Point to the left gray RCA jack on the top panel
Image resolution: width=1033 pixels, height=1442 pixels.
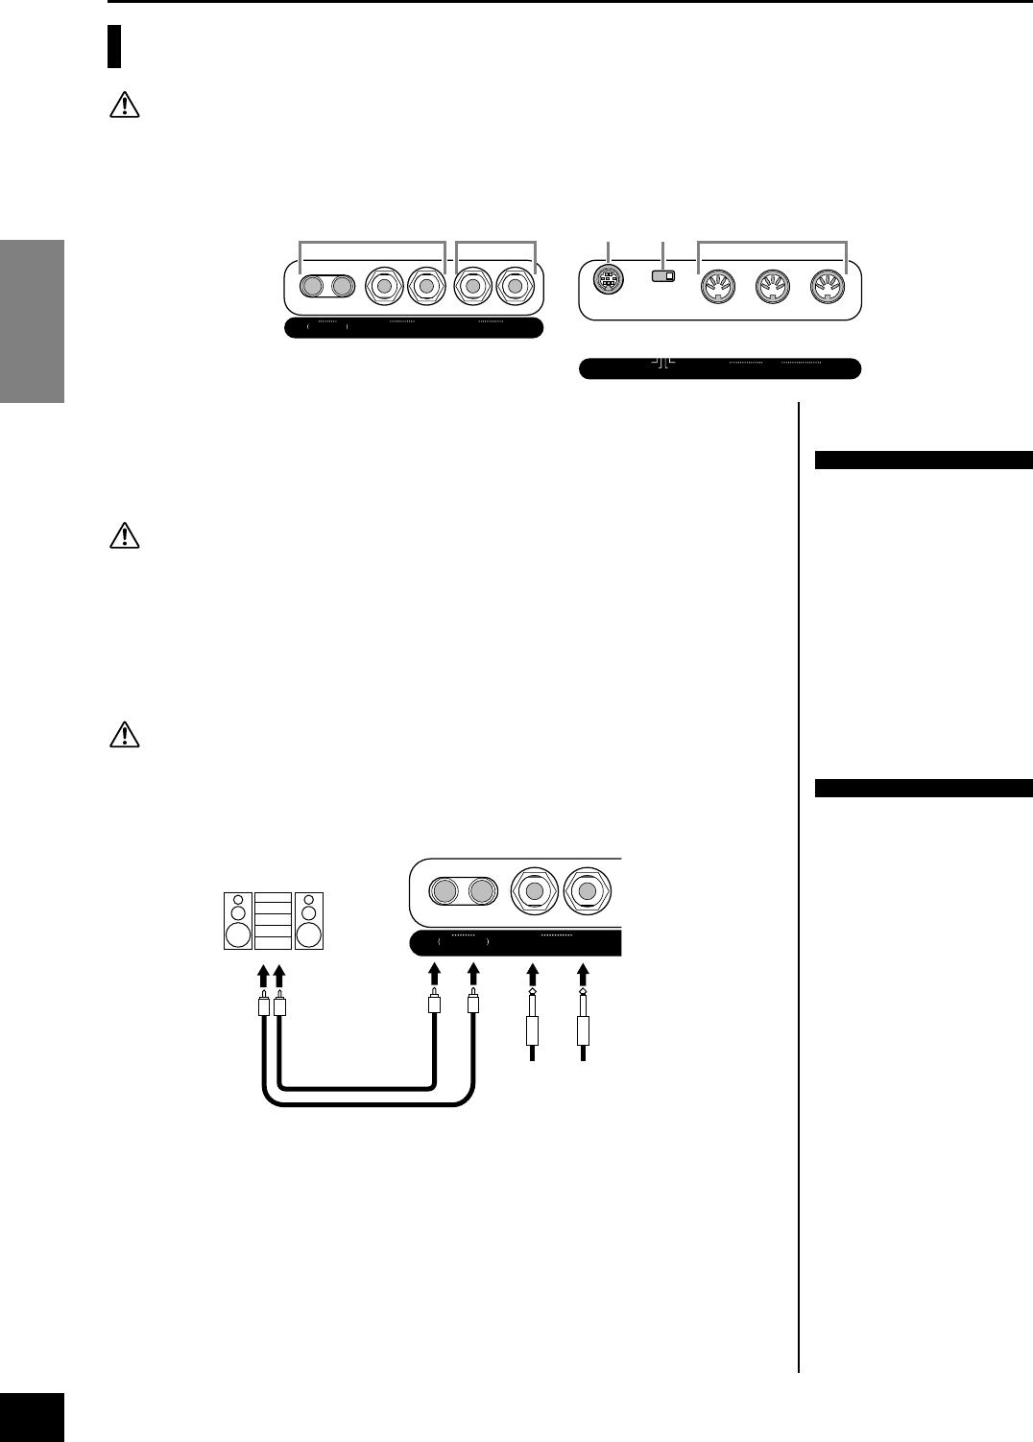pos(312,286)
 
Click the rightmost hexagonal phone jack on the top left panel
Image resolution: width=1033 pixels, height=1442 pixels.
pos(516,286)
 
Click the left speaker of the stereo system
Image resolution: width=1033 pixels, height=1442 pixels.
pos(238,920)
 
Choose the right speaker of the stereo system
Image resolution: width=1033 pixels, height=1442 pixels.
pos(309,920)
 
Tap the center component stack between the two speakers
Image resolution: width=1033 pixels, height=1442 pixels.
pos(274,920)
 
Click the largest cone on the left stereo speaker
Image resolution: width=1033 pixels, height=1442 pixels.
pos(238,934)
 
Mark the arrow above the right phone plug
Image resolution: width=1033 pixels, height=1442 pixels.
pos(583,977)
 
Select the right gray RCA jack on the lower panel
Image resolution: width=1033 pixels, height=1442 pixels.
pos(480,892)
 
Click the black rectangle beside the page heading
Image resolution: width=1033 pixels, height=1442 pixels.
pos(114,47)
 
